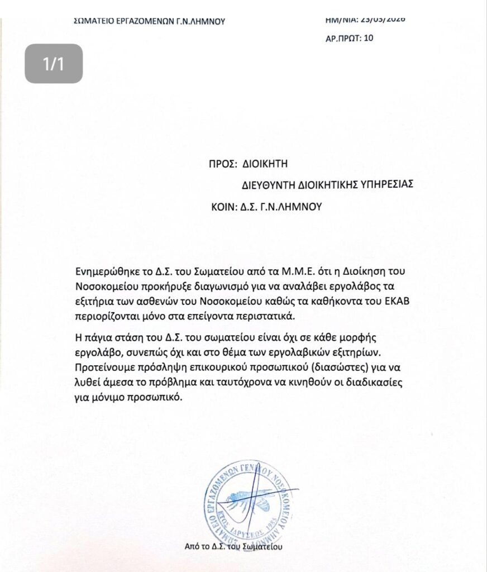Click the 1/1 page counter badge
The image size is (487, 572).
(x=54, y=64)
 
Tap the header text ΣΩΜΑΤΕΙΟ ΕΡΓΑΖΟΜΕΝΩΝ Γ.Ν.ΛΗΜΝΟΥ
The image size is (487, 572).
(x=149, y=22)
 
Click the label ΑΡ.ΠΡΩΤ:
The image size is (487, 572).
(x=342, y=39)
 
